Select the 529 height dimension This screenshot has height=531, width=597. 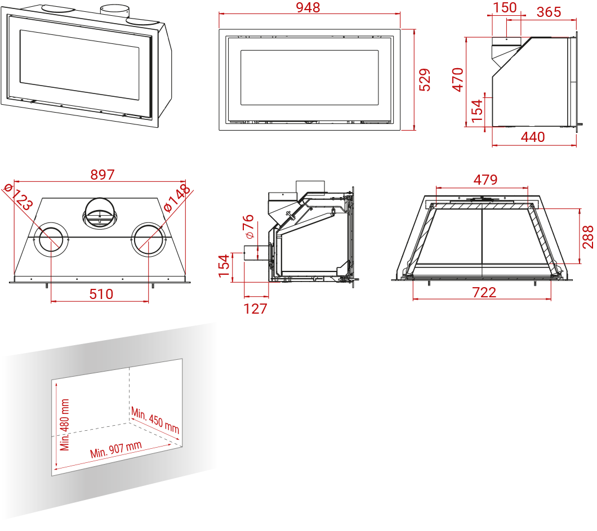point(426,79)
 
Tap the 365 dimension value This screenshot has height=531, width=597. point(549,12)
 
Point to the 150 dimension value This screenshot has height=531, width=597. point(505,7)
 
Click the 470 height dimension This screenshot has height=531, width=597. point(457,79)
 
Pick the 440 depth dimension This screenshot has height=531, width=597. point(533,137)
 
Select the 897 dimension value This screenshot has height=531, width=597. point(103,175)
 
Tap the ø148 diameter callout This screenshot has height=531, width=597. point(177,198)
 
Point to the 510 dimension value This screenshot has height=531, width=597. point(101,294)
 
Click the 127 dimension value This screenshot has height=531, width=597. point(255,309)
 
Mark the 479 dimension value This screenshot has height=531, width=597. point(485,180)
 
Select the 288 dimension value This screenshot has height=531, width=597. point(588,237)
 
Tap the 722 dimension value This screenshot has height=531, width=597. point(484,292)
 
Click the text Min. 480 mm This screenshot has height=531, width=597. point(65,425)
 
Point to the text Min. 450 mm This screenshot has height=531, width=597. point(155,421)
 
